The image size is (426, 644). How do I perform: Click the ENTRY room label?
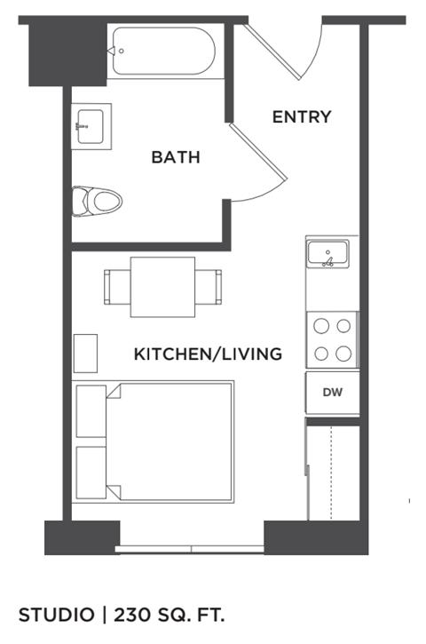(x=302, y=116)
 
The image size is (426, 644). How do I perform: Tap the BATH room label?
(x=176, y=157)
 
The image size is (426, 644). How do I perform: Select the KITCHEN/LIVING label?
(x=208, y=354)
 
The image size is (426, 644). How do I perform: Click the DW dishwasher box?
(x=332, y=393)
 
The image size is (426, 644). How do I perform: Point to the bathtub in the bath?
(x=164, y=52)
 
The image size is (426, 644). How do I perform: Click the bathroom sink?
(x=92, y=126)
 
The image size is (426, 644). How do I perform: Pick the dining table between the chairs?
(x=162, y=287)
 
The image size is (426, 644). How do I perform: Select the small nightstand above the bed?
(x=86, y=353)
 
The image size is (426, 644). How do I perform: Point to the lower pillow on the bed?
(x=92, y=473)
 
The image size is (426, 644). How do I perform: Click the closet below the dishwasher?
(x=332, y=471)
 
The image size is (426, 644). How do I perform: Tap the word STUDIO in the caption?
(x=56, y=614)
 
